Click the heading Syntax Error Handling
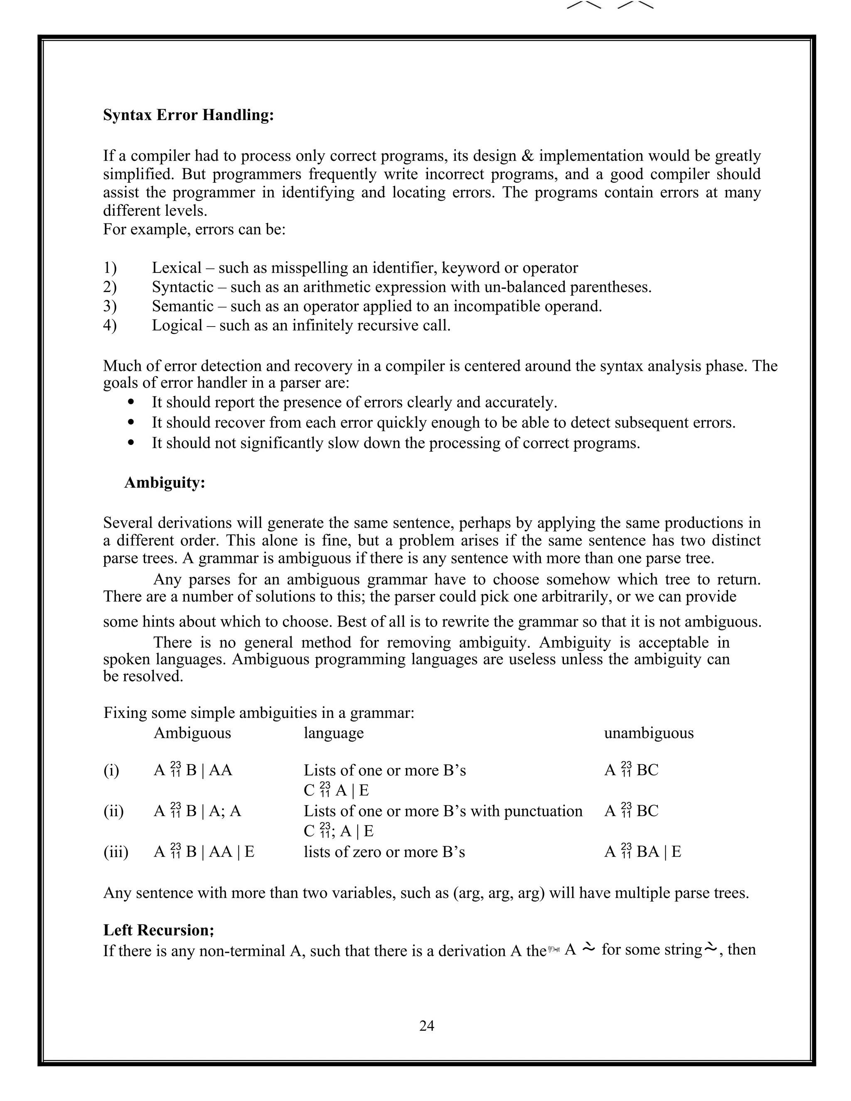pyautogui.click(x=189, y=115)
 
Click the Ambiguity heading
pyautogui.click(x=165, y=482)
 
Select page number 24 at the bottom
pyautogui.click(x=426, y=1025)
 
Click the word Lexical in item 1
pyautogui.click(x=177, y=268)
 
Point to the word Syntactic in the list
pyautogui.click(x=182, y=287)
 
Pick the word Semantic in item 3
pyautogui.click(x=182, y=306)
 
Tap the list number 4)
pyautogui.click(x=110, y=325)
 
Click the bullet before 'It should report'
pyautogui.click(x=132, y=402)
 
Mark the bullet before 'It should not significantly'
pyautogui.click(x=132, y=442)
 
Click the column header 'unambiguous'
pyautogui.click(x=648, y=732)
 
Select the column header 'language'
pyautogui.click(x=333, y=732)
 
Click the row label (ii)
pyautogui.click(x=113, y=811)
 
